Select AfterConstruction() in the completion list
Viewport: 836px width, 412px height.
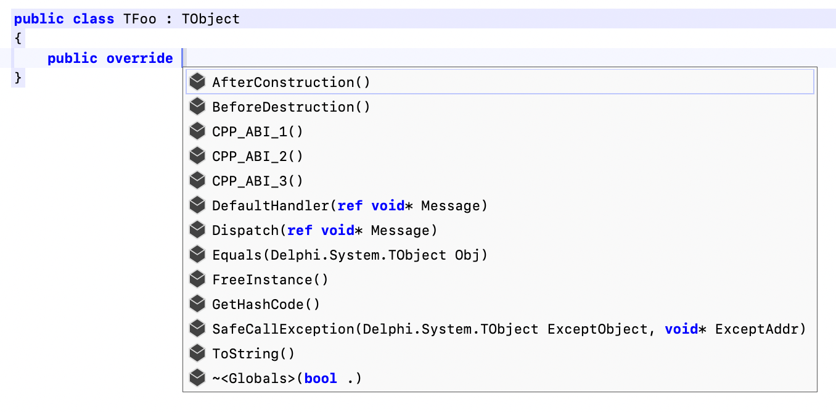tap(291, 82)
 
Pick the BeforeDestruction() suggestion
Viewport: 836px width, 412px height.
tap(291, 107)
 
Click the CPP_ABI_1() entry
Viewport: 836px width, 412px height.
tap(258, 131)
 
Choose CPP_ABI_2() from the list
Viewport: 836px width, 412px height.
tap(258, 156)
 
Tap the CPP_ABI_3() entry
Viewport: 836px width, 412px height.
tap(258, 181)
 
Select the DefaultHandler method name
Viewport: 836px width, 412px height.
tap(271, 205)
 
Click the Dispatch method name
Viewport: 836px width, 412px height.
tap(245, 230)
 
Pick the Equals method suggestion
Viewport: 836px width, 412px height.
tap(237, 255)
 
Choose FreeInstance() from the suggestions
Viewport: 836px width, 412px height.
tap(270, 279)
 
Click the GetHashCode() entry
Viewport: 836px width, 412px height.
tap(266, 304)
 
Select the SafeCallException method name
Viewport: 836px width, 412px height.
tap(283, 329)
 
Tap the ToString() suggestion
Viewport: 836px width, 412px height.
tap(253, 353)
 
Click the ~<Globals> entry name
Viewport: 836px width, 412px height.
tap(254, 378)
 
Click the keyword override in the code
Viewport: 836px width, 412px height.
tap(139, 58)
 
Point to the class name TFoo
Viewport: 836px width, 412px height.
tap(139, 19)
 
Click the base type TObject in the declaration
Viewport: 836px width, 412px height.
tap(210, 19)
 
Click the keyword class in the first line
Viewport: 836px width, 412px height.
tap(93, 19)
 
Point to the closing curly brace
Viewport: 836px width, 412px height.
tap(18, 78)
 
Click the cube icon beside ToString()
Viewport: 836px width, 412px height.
tap(197, 353)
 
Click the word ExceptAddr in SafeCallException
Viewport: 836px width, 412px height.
tap(756, 329)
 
